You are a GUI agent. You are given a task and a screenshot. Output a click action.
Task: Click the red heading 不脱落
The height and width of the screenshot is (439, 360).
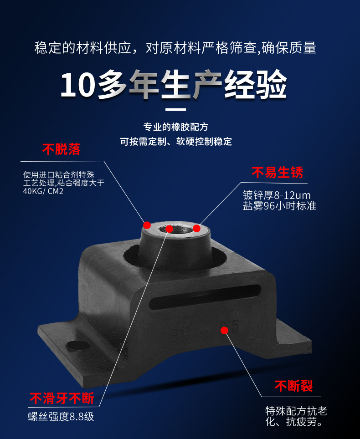pos(62,149)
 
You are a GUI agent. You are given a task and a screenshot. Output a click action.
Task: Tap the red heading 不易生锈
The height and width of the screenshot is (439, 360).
pos(277,172)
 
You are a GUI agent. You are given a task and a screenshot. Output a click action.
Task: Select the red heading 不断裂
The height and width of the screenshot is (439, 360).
pos(293,386)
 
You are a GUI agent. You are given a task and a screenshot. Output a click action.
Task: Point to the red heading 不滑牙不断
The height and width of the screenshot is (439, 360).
pos(62,398)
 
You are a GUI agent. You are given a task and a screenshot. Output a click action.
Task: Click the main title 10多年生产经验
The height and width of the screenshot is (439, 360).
pos(174,84)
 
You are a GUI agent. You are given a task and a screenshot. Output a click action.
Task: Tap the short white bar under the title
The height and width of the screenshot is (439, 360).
pos(175,109)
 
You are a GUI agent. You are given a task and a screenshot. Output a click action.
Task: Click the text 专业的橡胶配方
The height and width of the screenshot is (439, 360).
pos(176,127)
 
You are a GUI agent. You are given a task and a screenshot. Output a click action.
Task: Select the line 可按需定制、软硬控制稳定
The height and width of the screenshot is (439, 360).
pos(176,141)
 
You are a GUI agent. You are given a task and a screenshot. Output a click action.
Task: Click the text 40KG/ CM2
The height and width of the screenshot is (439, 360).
pos(43,191)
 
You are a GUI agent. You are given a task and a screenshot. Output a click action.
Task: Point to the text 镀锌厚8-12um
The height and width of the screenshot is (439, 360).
pos(277,195)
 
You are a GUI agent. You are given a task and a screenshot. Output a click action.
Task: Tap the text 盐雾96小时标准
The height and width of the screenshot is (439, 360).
pos(280,206)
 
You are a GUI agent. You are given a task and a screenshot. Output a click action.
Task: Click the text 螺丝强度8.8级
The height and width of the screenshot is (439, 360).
pos(61,417)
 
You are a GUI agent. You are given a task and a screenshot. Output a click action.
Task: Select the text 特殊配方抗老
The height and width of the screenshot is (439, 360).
pos(296,411)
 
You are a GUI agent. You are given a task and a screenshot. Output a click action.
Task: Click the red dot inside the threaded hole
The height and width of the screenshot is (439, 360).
pos(169,229)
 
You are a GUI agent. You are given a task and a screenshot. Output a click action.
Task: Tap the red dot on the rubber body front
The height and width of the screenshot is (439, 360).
pos(224,331)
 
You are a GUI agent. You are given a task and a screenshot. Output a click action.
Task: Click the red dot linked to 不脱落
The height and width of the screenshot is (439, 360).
pos(147,225)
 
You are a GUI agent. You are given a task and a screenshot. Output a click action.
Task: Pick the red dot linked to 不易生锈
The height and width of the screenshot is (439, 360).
pos(197,228)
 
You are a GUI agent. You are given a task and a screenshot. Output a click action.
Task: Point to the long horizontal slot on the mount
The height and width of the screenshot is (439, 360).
pos(205,297)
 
